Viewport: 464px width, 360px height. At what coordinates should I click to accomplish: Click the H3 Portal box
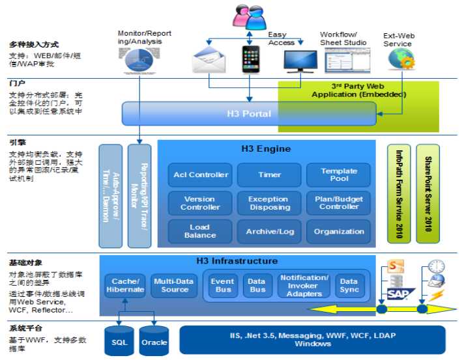(x=249, y=114)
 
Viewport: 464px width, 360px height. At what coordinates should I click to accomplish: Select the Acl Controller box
(x=201, y=174)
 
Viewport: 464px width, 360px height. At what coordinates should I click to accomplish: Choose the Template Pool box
(x=338, y=174)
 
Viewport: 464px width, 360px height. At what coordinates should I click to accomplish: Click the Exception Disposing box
(x=268, y=203)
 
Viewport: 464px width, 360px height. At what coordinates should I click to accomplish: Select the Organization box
(x=338, y=231)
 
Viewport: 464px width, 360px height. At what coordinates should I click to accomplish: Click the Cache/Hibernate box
(x=124, y=285)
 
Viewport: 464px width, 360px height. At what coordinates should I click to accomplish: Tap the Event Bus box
(x=223, y=285)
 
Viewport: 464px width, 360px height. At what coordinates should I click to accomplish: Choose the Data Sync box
(x=349, y=285)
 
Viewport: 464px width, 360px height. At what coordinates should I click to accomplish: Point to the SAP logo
(x=396, y=294)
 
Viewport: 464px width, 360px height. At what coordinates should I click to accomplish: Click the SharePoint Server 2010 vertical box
(x=428, y=194)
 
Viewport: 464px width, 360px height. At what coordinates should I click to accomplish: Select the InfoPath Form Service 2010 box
(x=399, y=194)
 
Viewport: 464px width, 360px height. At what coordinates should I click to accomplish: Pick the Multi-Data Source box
(x=175, y=285)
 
